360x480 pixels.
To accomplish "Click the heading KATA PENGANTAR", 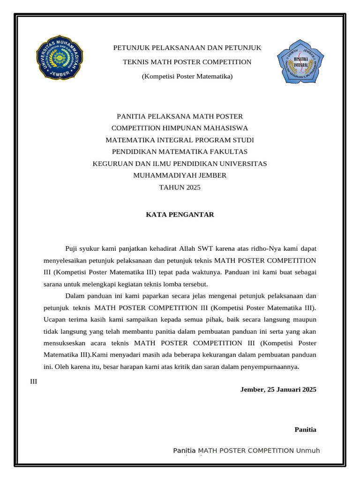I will point(180,215).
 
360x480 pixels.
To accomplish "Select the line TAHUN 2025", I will point(180,187).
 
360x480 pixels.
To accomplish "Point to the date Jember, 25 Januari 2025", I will point(278,389).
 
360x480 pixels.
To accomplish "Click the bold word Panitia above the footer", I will point(305,429).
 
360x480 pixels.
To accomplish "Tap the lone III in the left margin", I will point(33,381).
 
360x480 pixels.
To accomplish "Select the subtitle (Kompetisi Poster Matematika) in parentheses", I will point(187,76).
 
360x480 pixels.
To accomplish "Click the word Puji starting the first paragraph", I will point(72,248).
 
